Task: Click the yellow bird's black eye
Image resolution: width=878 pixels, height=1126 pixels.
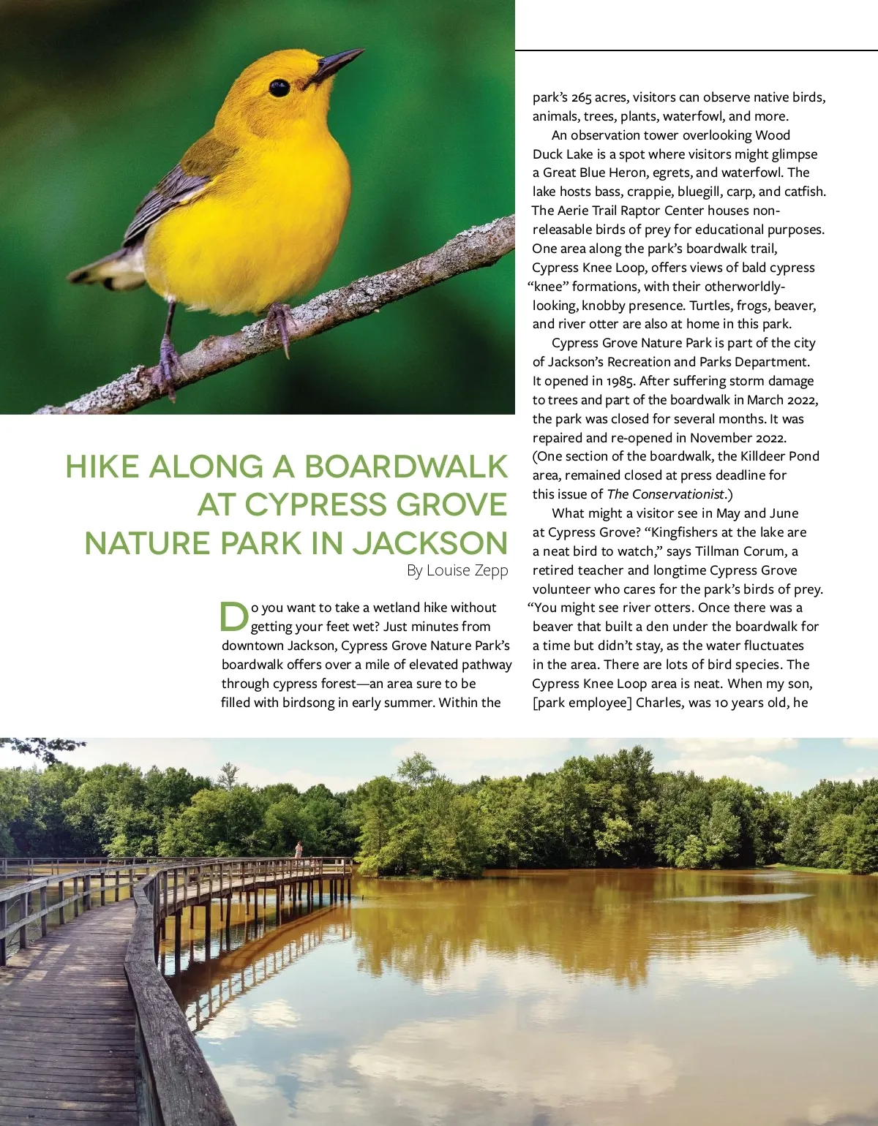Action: pyautogui.click(x=279, y=88)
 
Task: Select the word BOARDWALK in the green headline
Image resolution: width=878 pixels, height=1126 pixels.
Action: pyautogui.click(x=405, y=467)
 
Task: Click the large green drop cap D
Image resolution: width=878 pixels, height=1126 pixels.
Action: pyautogui.click(x=234, y=616)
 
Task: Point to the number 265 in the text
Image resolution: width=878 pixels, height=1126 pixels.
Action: pyautogui.click(x=582, y=97)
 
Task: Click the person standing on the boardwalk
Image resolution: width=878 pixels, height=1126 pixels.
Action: pyautogui.click(x=299, y=850)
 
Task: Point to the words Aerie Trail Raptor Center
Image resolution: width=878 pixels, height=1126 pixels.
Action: pyautogui.click(x=631, y=211)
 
